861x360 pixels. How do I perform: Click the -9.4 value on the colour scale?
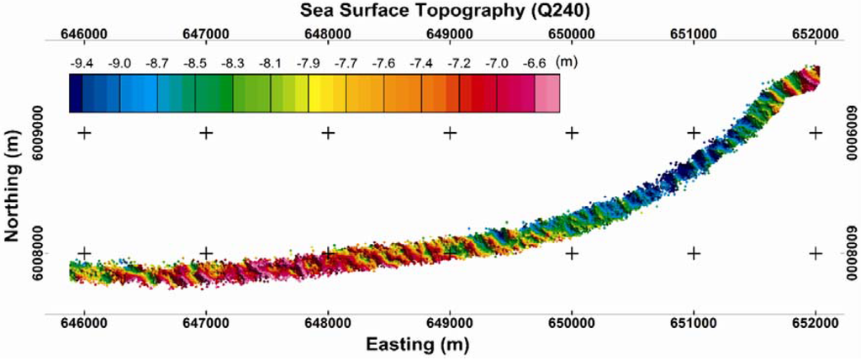tap(82, 63)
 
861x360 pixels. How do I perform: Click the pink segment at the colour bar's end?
tap(547, 93)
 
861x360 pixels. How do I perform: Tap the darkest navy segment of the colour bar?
tap(76, 93)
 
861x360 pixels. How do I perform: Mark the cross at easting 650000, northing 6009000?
tap(572, 133)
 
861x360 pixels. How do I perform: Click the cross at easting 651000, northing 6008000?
tap(694, 253)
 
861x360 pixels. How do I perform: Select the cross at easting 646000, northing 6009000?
tap(83, 133)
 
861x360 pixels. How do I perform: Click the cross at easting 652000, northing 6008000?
tap(816, 253)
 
